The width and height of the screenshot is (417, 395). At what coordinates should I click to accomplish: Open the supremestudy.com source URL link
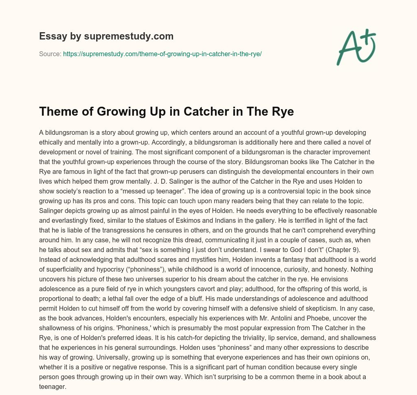[x=162, y=53]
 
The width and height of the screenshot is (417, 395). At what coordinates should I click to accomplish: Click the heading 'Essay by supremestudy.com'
[x=106, y=36]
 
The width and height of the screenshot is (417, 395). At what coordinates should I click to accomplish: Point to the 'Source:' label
[x=50, y=53]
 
